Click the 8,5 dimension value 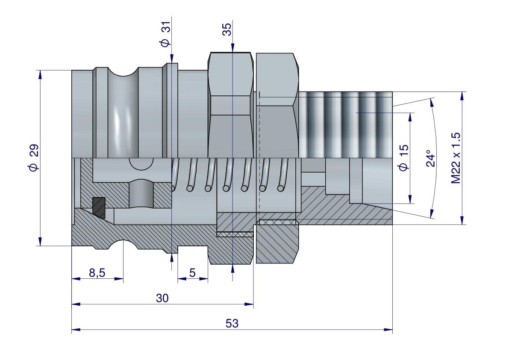click(x=97, y=273)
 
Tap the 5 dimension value click(x=192, y=273)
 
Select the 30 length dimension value click(x=162, y=298)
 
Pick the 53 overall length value click(x=232, y=323)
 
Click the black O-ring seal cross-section click(x=99, y=207)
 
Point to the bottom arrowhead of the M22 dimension click(x=462, y=220)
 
